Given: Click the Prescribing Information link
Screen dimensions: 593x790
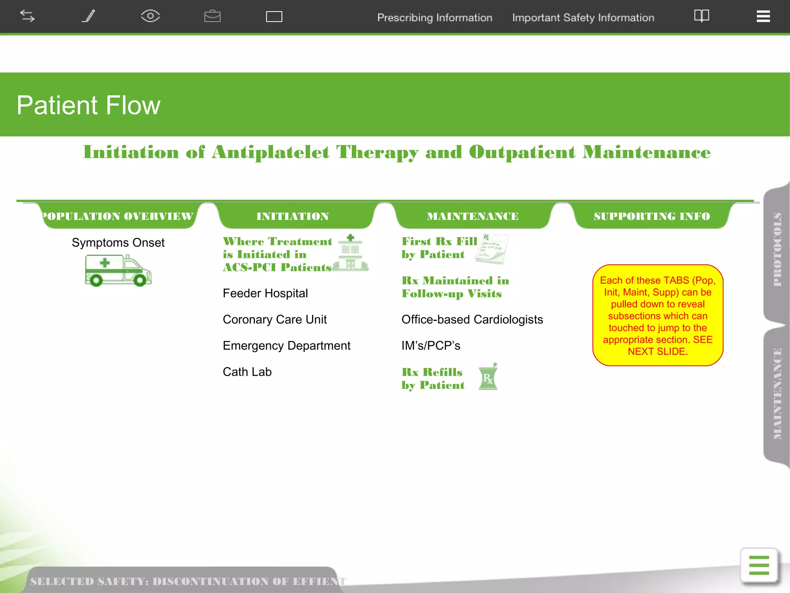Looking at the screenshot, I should click(434, 18).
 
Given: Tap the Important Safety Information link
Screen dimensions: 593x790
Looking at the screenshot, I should click(583, 18).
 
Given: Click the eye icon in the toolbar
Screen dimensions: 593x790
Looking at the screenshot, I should click(150, 16).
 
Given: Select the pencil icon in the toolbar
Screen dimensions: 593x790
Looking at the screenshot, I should click(89, 16).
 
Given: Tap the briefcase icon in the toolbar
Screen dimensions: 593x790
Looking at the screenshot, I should click(212, 16).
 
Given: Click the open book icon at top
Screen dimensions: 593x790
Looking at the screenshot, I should click(701, 16).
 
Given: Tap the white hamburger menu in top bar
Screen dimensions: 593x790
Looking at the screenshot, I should click(763, 16).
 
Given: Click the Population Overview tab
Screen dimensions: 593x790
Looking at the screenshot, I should click(117, 216).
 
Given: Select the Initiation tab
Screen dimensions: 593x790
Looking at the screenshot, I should click(292, 216).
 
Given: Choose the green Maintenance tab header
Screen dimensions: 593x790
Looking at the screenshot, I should click(473, 216).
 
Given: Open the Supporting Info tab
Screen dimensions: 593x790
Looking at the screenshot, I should click(652, 216).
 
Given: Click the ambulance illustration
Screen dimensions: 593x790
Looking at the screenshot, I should click(118, 270).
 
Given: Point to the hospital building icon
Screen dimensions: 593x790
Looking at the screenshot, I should click(350, 253).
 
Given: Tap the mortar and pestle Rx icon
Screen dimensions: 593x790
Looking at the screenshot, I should click(488, 377).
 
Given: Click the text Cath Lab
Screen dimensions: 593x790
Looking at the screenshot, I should click(247, 372).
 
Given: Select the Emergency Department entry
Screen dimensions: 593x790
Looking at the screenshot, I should click(286, 346).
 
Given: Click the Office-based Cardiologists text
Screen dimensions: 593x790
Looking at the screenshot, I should click(472, 320).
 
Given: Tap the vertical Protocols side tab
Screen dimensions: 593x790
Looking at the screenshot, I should click(777, 249).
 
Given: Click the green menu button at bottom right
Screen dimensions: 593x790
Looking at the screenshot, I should click(758, 565).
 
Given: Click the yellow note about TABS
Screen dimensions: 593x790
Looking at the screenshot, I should click(657, 315).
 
